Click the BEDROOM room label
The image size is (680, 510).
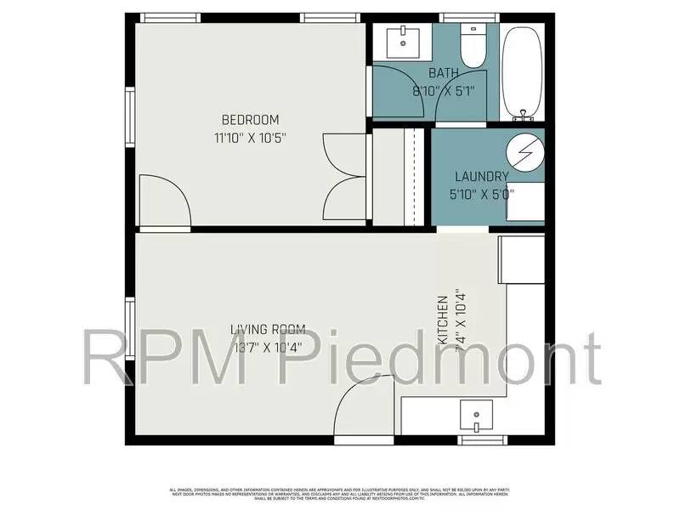tap(250, 120)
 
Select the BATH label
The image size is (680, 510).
tap(444, 73)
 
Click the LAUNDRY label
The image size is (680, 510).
tap(481, 177)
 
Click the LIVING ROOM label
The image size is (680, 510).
tap(268, 329)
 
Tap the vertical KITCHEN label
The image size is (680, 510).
tap(443, 320)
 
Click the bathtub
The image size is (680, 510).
tap(522, 72)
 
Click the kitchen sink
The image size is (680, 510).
tap(477, 416)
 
